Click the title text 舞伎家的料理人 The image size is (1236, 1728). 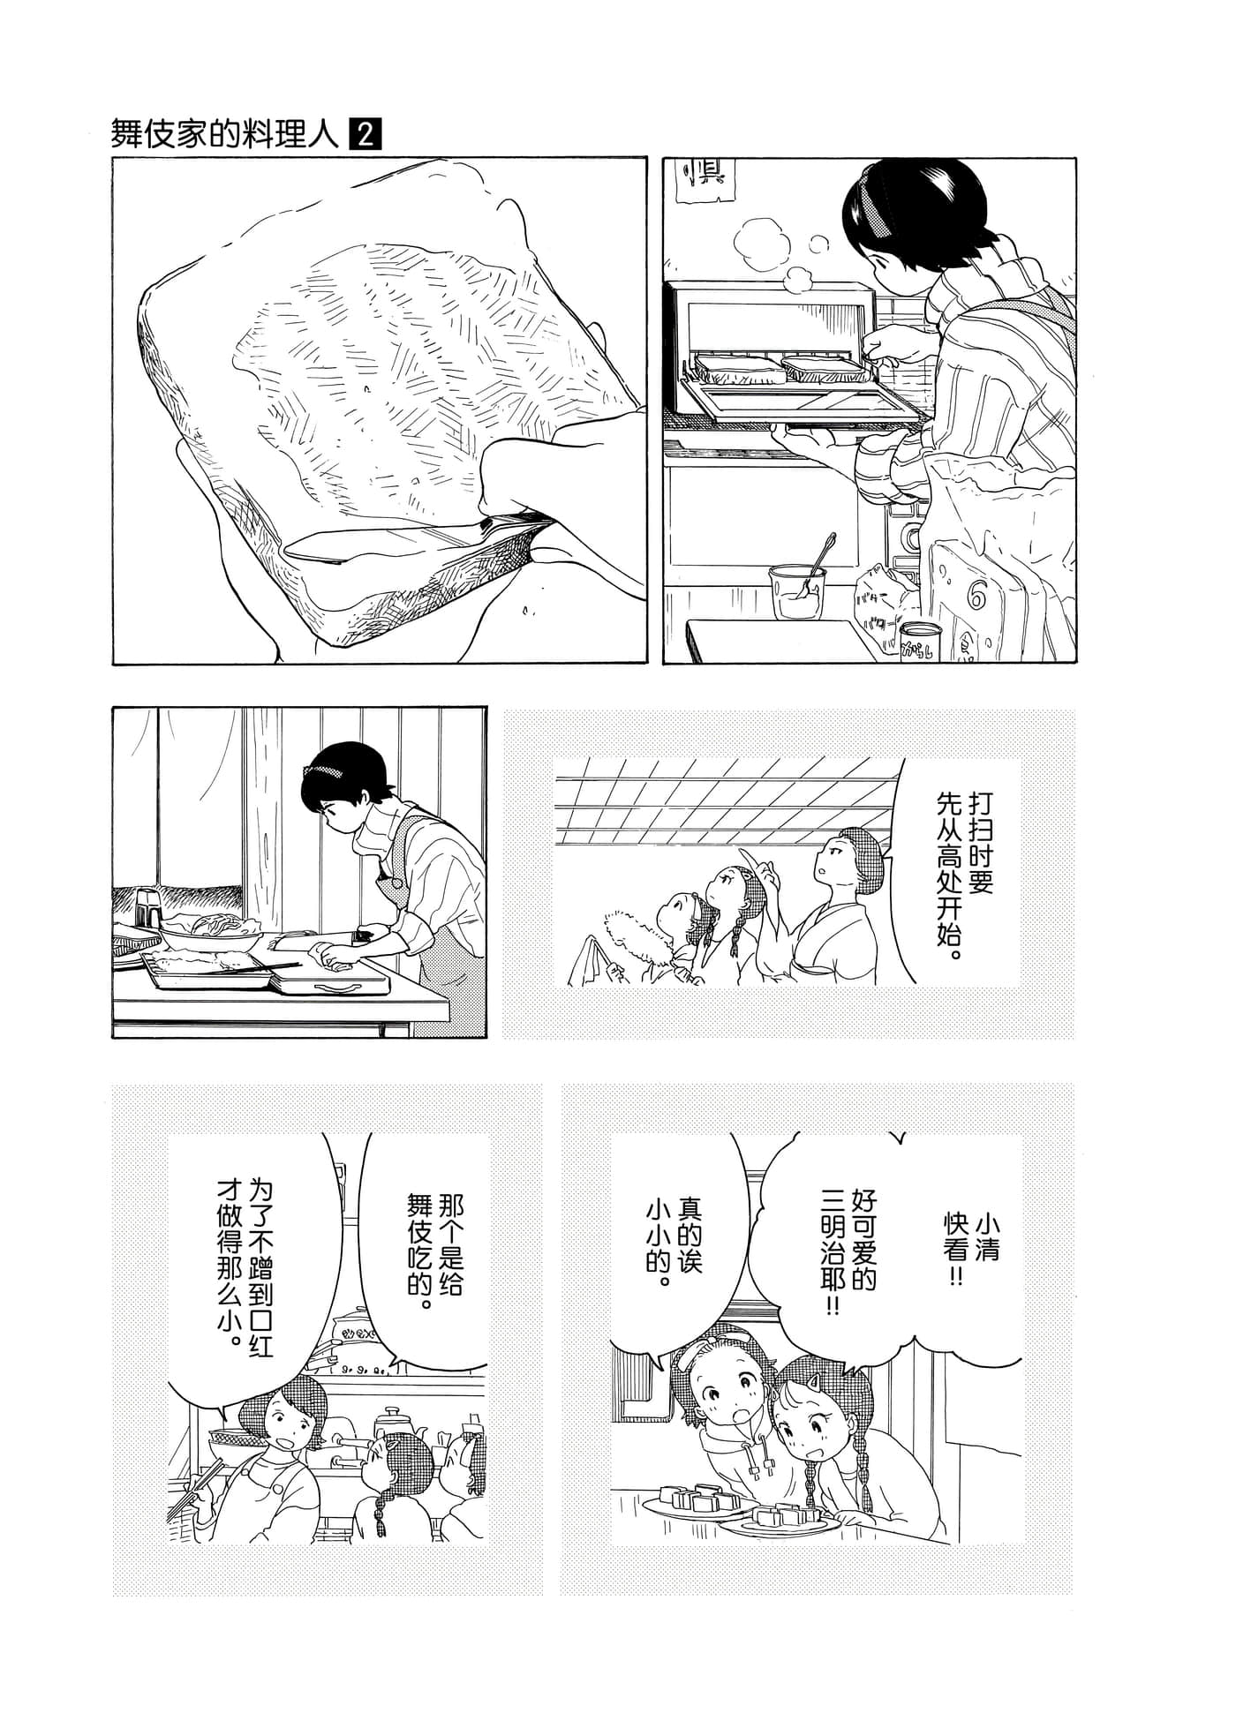[225, 134]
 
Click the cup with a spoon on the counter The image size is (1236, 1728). [797, 592]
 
